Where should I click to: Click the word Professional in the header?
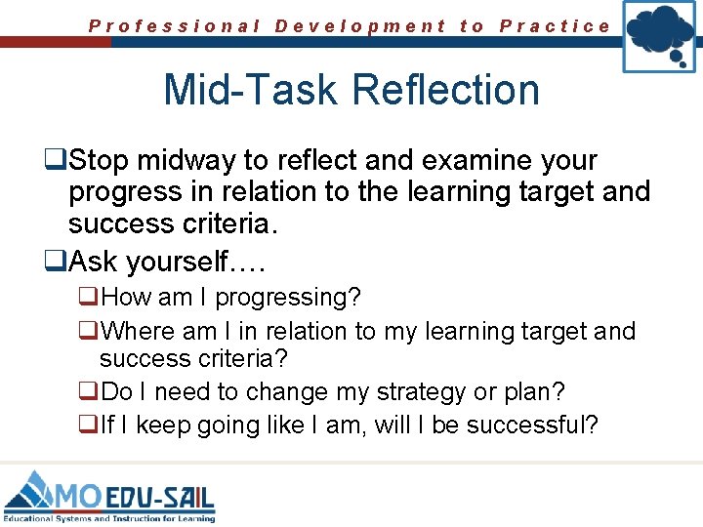coord(175,26)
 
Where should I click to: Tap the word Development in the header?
coord(360,26)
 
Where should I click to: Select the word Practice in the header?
coord(555,26)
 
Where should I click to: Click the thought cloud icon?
coord(660,36)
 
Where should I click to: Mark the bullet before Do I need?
coord(88,392)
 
